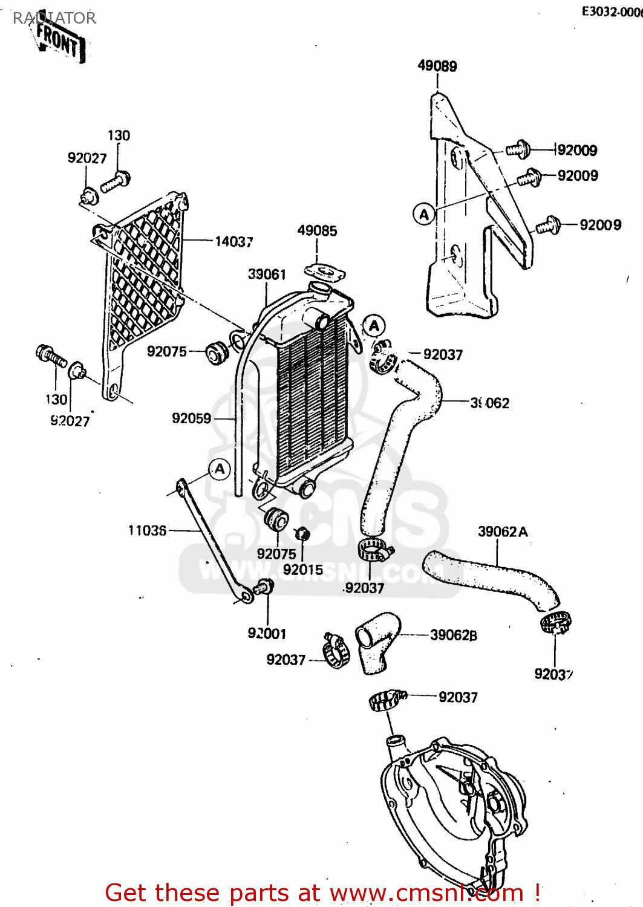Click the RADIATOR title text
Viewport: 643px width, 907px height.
click(54, 18)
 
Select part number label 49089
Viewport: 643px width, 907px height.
click(437, 66)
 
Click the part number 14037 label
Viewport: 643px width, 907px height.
click(233, 242)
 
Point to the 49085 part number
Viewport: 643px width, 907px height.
click(317, 231)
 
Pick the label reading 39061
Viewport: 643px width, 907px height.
click(267, 275)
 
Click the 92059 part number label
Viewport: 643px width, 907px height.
click(191, 418)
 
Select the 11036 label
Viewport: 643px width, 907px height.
click(147, 531)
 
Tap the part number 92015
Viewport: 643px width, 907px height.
click(302, 570)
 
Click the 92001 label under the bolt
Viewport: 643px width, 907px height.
click(267, 634)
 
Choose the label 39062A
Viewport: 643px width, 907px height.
click(503, 532)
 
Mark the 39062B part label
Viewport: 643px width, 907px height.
click(454, 636)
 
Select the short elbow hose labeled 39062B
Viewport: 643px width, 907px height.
click(377, 641)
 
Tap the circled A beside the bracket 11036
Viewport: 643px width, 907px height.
click(220, 469)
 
